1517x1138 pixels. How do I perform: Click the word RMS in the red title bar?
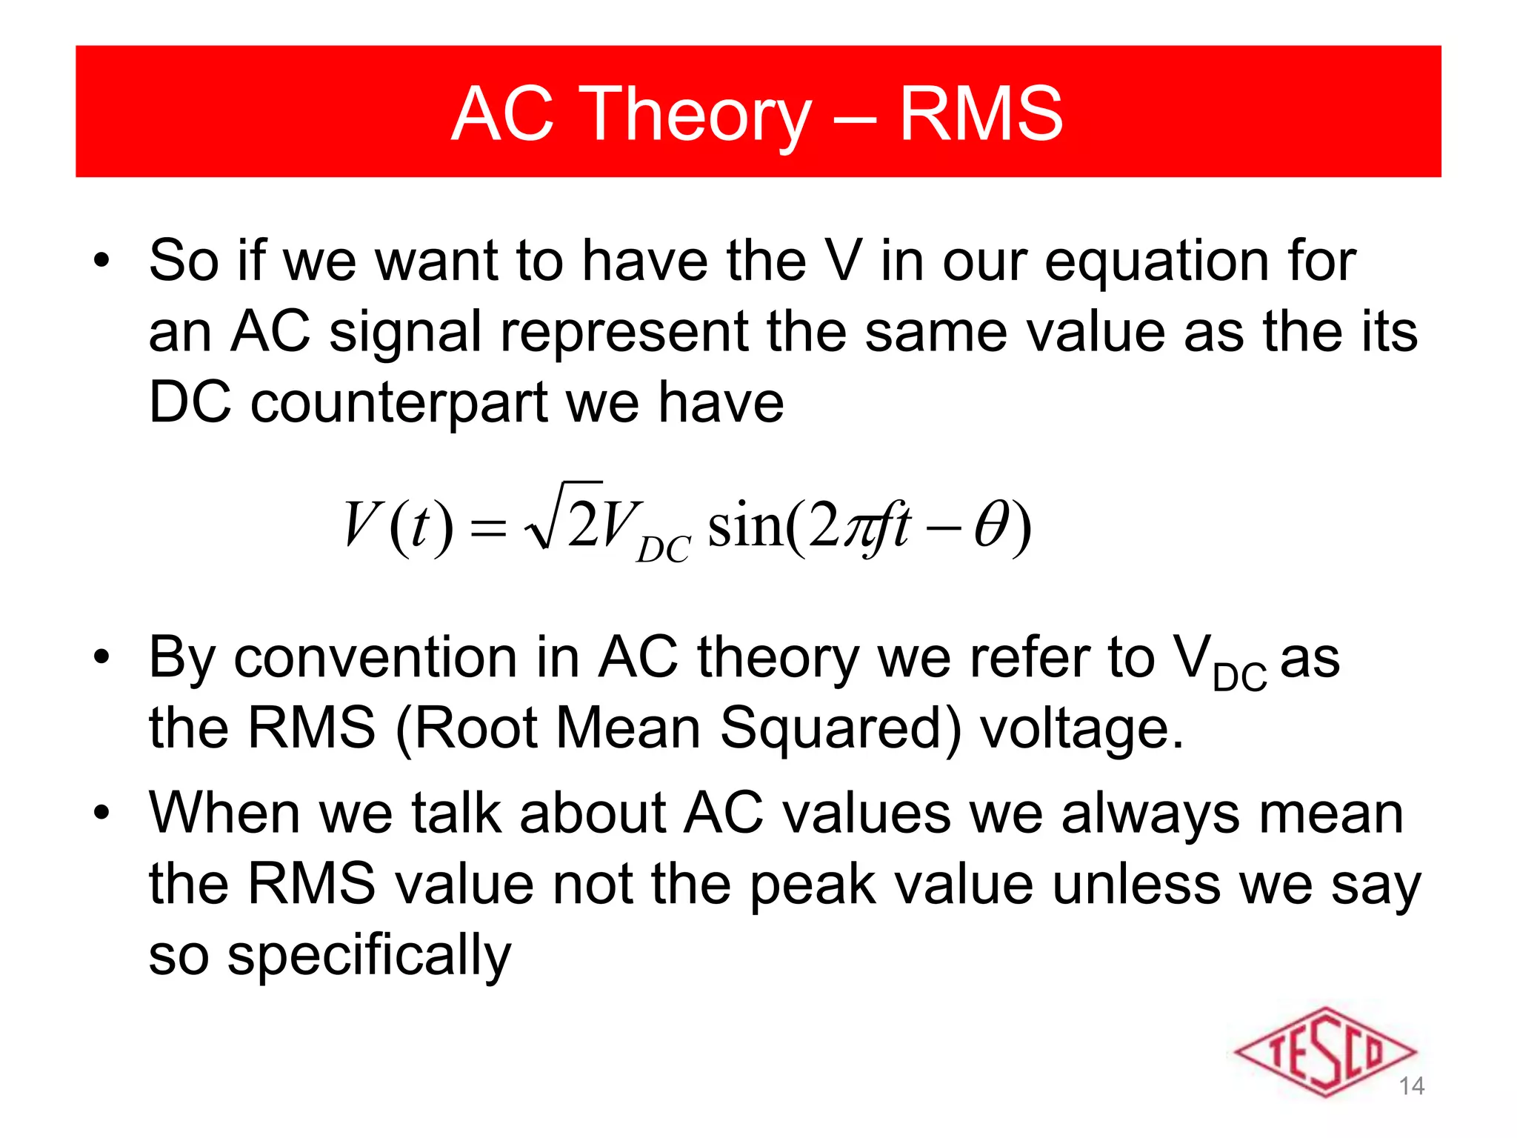coord(981,114)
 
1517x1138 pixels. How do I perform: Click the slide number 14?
coord(1411,1086)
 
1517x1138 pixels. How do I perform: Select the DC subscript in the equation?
coord(663,549)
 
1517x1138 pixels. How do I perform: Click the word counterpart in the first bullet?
coord(399,403)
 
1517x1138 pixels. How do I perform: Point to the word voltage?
coord(1081,729)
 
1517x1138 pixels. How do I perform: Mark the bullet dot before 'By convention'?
coord(101,656)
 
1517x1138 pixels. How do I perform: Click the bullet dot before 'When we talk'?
coord(101,812)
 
